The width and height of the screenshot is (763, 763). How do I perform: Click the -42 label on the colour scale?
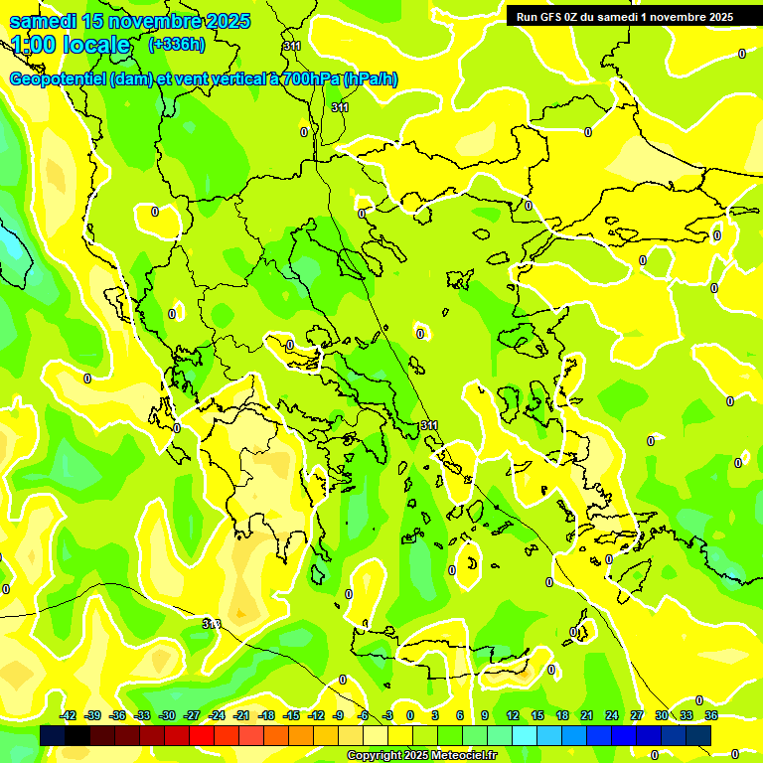pos(69,715)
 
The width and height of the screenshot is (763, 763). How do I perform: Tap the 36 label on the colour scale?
pos(711,715)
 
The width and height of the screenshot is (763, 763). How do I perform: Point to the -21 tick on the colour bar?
pos(241,715)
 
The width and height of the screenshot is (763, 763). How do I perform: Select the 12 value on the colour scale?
pos(513,715)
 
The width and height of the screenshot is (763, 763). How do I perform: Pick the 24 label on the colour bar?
pos(612,715)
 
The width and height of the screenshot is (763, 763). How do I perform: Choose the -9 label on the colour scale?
pos(339,715)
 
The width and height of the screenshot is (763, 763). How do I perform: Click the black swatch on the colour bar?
pos(53,735)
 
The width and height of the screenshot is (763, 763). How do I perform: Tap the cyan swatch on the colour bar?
pos(525,735)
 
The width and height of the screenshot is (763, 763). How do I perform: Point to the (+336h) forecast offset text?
pos(176,44)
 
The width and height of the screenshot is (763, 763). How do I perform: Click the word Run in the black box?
pos(526,17)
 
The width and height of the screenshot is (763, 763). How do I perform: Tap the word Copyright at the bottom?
pos(376,756)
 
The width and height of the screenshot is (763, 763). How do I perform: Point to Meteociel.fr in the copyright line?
pos(462,756)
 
